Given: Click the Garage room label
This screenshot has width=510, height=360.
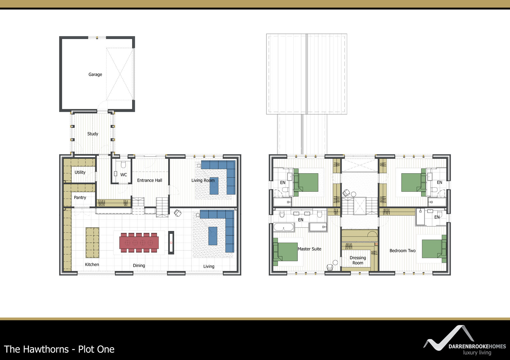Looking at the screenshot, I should coord(95,75).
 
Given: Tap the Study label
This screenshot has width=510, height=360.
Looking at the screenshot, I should coord(93,134).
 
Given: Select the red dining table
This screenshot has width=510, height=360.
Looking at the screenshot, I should coord(139,242).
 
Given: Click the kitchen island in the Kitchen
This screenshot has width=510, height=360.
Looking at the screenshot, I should coord(92,242).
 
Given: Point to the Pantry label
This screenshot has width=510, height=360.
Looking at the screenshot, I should coord(80,198).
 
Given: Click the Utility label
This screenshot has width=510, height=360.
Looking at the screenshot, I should coord(80,172).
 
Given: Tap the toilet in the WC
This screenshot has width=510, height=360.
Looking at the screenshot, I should coord(124,165).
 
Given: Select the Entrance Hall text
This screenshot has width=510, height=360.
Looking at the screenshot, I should coord(149,180).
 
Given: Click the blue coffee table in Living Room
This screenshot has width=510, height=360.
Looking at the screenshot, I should coord(214,186).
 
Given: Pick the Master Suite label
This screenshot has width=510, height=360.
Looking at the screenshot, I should coord(310,249).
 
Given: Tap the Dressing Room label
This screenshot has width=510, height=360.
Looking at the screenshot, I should coord(358,260).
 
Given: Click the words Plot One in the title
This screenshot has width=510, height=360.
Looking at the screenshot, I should coord(96,349).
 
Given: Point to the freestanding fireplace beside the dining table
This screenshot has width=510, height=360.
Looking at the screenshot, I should coord(171,242).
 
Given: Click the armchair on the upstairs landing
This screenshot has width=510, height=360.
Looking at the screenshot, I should coord(346,193).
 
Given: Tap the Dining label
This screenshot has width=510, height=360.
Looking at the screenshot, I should coord(139,266).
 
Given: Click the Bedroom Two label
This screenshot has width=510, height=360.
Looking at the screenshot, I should coord(403,251).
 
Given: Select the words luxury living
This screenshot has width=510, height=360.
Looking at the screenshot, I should coord(477,352).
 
